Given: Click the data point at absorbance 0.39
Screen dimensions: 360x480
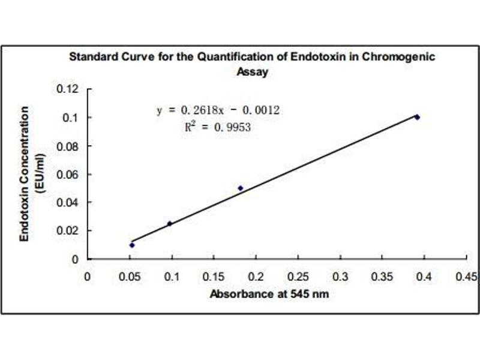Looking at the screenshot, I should click(x=417, y=117).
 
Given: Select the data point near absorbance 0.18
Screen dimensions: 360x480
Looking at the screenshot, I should click(x=241, y=188).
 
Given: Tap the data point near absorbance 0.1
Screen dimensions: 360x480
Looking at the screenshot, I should click(x=169, y=224).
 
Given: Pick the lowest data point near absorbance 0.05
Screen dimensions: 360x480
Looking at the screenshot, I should click(x=132, y=245).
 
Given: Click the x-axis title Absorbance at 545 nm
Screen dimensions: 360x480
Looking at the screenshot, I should click(x=269, y=295).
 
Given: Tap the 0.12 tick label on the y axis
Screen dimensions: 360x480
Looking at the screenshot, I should click(x=68, y=89).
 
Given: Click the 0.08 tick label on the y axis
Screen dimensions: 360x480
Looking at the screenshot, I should click(x=68, y=146).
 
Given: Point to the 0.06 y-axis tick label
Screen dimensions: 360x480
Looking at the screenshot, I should click(x=68, y=175).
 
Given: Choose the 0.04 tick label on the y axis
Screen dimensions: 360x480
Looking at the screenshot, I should click(x=68, y=203).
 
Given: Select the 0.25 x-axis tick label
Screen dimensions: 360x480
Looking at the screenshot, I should click(x=298, y=277).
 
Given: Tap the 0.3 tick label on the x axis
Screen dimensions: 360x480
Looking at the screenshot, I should click(x=340, y=277).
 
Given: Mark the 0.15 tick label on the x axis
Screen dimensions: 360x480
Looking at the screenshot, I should click(x=214, y=277).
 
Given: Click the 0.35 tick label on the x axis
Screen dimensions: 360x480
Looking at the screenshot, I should click(x=382, y=277).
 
